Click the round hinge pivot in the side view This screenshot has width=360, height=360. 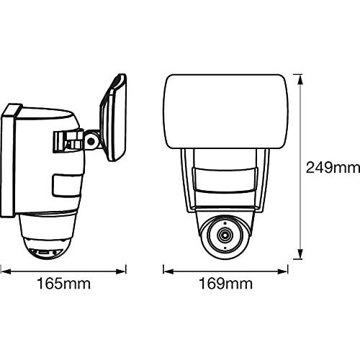click(x=91, y=141)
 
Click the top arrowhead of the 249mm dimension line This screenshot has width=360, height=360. click(x=300, y=74)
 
